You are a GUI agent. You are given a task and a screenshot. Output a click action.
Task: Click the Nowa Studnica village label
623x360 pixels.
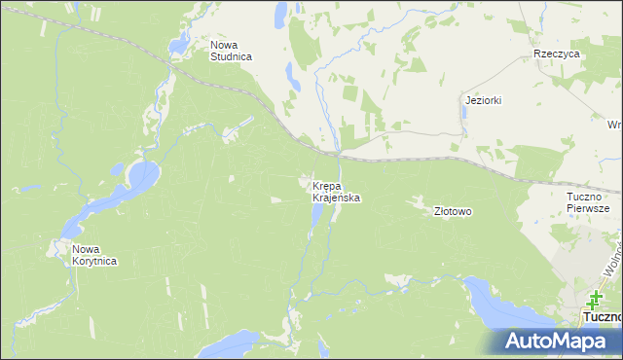pyautogui.click(x=231, y=51)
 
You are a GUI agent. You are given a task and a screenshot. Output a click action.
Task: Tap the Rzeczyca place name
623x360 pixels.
pyautogui.click(x=557, y=54)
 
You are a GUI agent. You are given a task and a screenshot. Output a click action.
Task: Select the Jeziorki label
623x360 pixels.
pyautogui.click(x=483, y=100)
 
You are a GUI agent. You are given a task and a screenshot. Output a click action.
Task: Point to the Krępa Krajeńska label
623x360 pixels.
pyautogui.click(x=337, y=191)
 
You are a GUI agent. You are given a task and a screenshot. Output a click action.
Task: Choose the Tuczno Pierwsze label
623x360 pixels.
pyautogui.click(x=587, y=201)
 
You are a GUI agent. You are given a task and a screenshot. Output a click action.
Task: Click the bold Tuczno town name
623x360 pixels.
pyautogui.click(x=601, y=318)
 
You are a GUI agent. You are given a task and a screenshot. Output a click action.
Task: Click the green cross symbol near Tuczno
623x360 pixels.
pyautogui.click(x=594, y=299)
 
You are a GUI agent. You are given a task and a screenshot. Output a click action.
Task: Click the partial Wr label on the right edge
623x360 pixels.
pyautogui.click(x=614, y=125)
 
